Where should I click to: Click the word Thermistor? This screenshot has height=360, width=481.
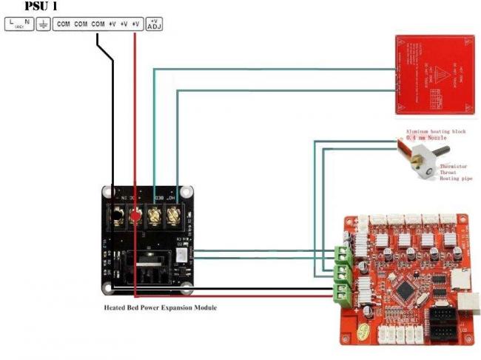coord(453,166)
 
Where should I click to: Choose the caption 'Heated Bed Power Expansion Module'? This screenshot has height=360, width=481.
coord(161,307)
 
